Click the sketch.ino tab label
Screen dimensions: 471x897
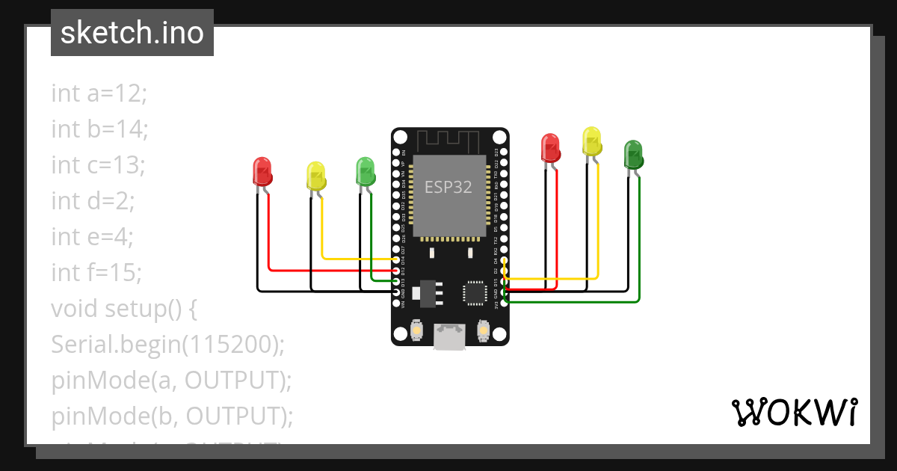[132, 33]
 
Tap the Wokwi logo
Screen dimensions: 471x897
[794, 412]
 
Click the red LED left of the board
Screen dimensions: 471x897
[262, 172]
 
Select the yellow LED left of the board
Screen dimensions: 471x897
[316, 176]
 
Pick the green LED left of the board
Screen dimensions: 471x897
[366, 171]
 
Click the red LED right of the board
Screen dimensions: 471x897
[550, 148]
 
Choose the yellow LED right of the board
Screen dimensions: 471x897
[592, 141]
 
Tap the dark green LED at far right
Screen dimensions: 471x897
[633, 154]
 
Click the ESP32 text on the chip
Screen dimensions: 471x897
[449, 187]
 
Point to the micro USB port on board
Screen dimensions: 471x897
[449, 336]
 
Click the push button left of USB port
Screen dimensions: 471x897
[416, 330]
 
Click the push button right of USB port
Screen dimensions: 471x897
[483, 330]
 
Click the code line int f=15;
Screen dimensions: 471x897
[96, 272]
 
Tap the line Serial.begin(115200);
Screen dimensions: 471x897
[168, 344]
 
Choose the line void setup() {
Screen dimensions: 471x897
[123, 308]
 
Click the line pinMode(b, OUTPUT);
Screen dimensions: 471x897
[172, 416]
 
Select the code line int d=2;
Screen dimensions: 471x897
[93, 200]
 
